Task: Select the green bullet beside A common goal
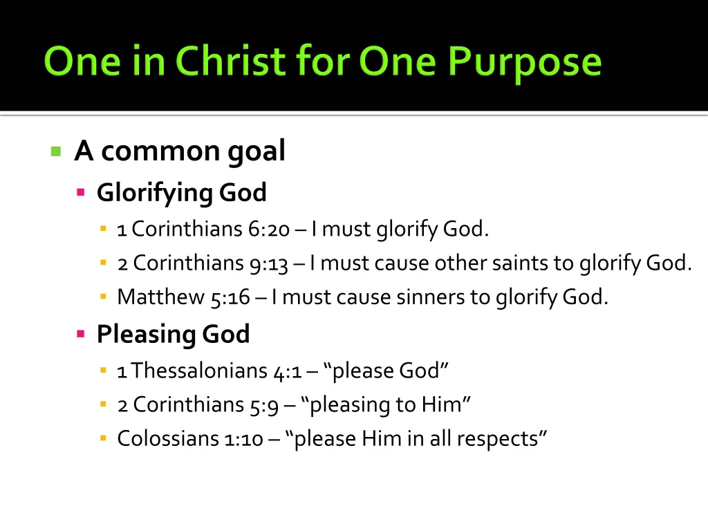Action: click(x=56, y=151)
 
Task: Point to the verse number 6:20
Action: click(x=272, y=229)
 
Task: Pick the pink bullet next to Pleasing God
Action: click(x=81, y=335)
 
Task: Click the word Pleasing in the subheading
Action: click(x=146, y=335)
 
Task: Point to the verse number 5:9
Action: click(x=264, y=404)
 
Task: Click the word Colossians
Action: click(x=167, y=438)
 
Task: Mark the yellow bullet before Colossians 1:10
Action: click(x=103, y=438)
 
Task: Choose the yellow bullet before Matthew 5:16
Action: click(x=103, y=297)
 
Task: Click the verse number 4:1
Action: click(x=288, y=371)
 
